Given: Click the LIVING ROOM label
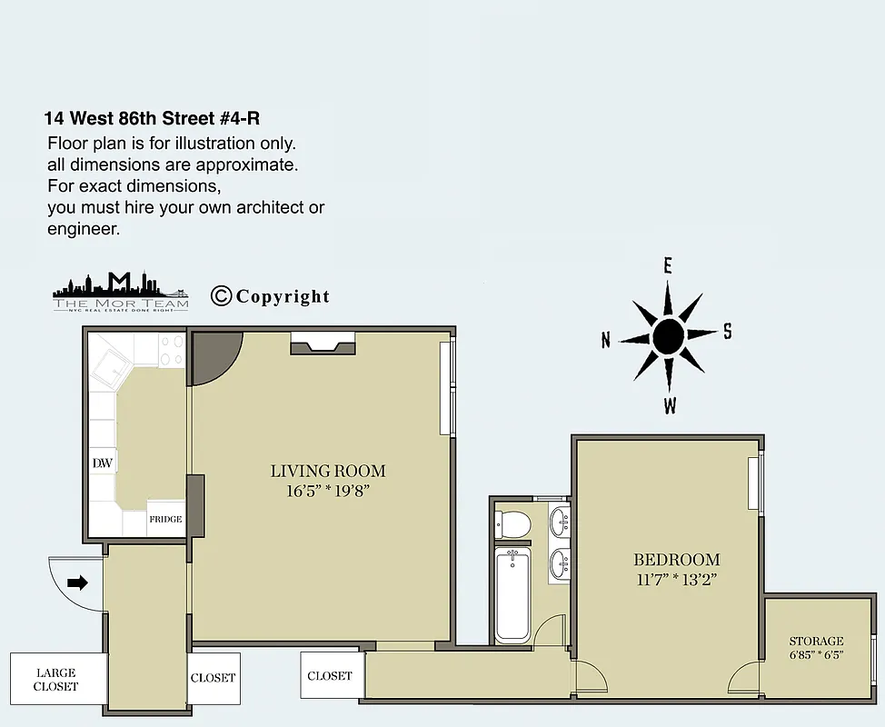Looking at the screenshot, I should pos(328,471).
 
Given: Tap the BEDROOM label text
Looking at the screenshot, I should pos(676,560).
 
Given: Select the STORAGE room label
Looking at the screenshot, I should pos(815,641).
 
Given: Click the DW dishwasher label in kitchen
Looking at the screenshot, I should pos(102,463).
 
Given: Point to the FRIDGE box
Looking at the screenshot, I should pos(165,519).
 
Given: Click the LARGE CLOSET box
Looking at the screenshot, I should pos(56,679).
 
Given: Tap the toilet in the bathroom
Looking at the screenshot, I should pos(514,524).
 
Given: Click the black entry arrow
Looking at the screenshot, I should pos(78,583).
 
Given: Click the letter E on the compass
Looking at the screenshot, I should pos(668,265).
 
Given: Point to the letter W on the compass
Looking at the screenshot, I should pos(670,406).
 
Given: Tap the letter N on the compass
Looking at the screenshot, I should pos(606,341).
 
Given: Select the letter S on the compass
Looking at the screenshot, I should pos(727,332).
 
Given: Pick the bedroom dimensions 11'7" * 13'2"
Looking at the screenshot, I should pos(676,579).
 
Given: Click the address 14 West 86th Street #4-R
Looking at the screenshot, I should pos(157,118).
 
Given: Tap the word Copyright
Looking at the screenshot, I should pos(283,296).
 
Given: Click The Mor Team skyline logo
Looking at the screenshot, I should pos(120,292).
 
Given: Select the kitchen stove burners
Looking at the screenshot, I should pos(170,350).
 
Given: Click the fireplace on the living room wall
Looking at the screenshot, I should pos(323,343).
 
